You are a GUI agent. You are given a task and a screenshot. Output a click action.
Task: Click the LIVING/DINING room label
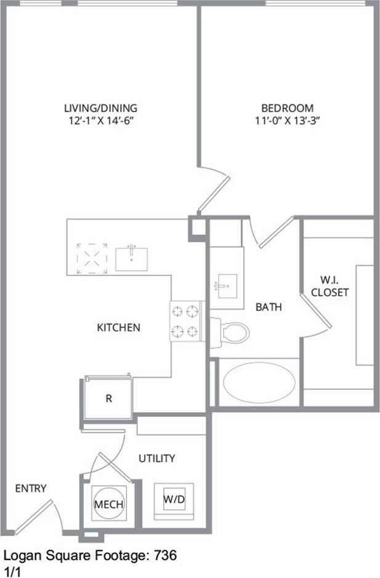[x=101, y=107]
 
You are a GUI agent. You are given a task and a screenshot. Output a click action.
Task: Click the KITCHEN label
[x=118, y=327]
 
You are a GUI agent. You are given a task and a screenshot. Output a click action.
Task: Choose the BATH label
[x=269, y=306]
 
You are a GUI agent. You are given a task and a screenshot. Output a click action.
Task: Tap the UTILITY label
[x=156, y=458]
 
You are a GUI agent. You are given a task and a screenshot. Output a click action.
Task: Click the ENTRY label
[x=31, y=489]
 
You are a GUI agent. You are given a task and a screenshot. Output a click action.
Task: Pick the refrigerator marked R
[x=108, y=398]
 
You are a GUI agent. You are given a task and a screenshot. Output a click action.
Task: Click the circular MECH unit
[x=108, y=504]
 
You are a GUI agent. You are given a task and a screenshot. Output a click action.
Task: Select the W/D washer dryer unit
[x=174, y=500]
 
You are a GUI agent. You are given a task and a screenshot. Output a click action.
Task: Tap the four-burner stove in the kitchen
[x=187, y=321]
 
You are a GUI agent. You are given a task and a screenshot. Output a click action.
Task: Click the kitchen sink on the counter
[x=131, y=258]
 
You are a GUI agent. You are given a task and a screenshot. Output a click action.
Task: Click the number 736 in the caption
[x=166, y=555]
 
